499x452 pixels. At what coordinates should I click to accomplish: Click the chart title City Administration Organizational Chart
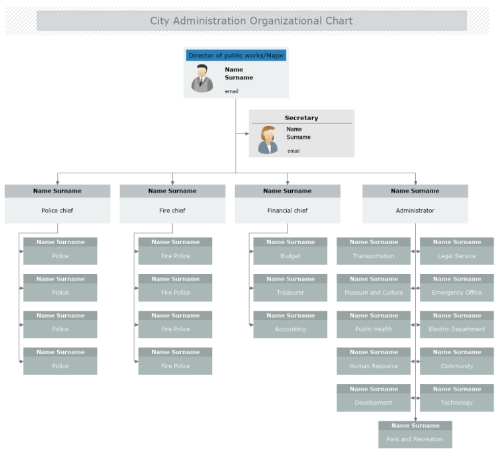251,21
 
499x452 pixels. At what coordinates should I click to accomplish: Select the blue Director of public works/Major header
236,55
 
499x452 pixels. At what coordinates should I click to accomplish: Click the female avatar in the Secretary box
268,140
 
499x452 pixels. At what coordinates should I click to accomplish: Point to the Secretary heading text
301,118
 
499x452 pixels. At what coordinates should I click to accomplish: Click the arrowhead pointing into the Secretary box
246,134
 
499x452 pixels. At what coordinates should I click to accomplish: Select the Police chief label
57,210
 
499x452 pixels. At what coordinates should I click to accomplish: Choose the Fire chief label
172,210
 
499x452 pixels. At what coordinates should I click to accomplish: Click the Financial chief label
287,210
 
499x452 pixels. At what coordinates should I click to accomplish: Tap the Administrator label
415,210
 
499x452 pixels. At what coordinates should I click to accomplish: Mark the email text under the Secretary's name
294,151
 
